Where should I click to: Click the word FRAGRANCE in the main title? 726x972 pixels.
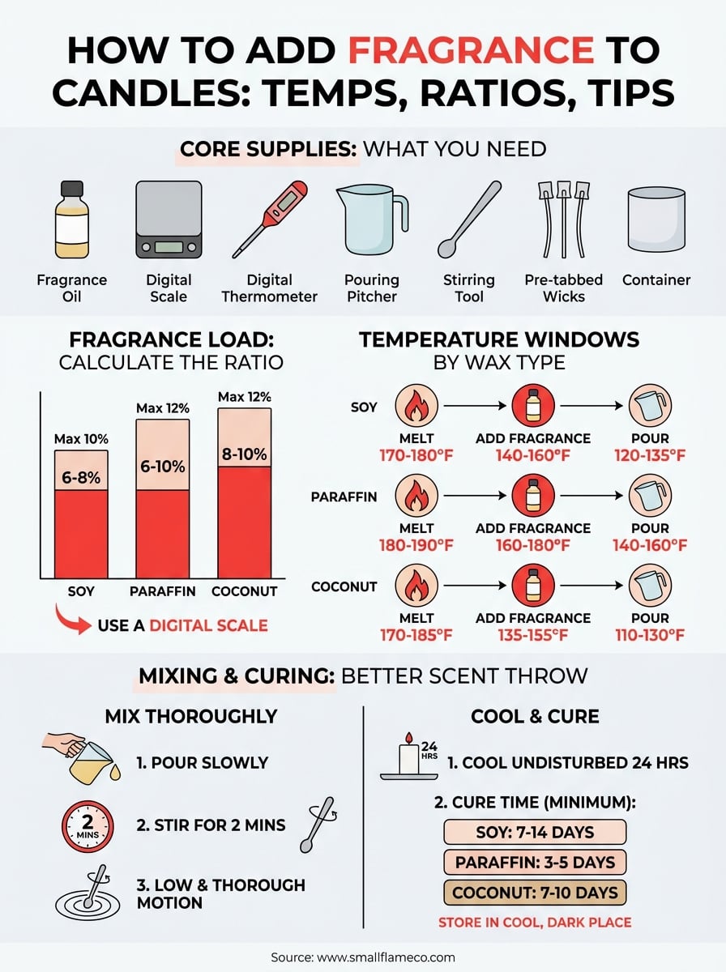click(470, 50)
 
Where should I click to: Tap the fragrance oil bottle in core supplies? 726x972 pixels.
click(71, 220)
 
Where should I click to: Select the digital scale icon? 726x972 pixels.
click(169, 220)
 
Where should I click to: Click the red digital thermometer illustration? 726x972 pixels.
click(270, 219)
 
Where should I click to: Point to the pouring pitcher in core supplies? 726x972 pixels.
click(371, 220)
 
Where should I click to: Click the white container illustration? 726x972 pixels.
click(656, 220)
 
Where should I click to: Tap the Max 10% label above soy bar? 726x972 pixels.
click(81, 440)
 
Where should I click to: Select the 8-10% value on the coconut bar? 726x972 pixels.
click(244, 454)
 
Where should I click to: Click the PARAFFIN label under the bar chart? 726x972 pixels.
click(163, 591)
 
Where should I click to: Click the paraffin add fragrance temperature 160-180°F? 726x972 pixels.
click(532, 544)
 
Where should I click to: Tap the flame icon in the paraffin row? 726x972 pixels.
click(416, 496)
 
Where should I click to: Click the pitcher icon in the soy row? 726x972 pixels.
click(649, 406)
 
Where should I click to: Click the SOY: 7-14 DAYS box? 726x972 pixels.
click(535, 832)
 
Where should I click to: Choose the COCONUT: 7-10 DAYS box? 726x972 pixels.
click(535, 893)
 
